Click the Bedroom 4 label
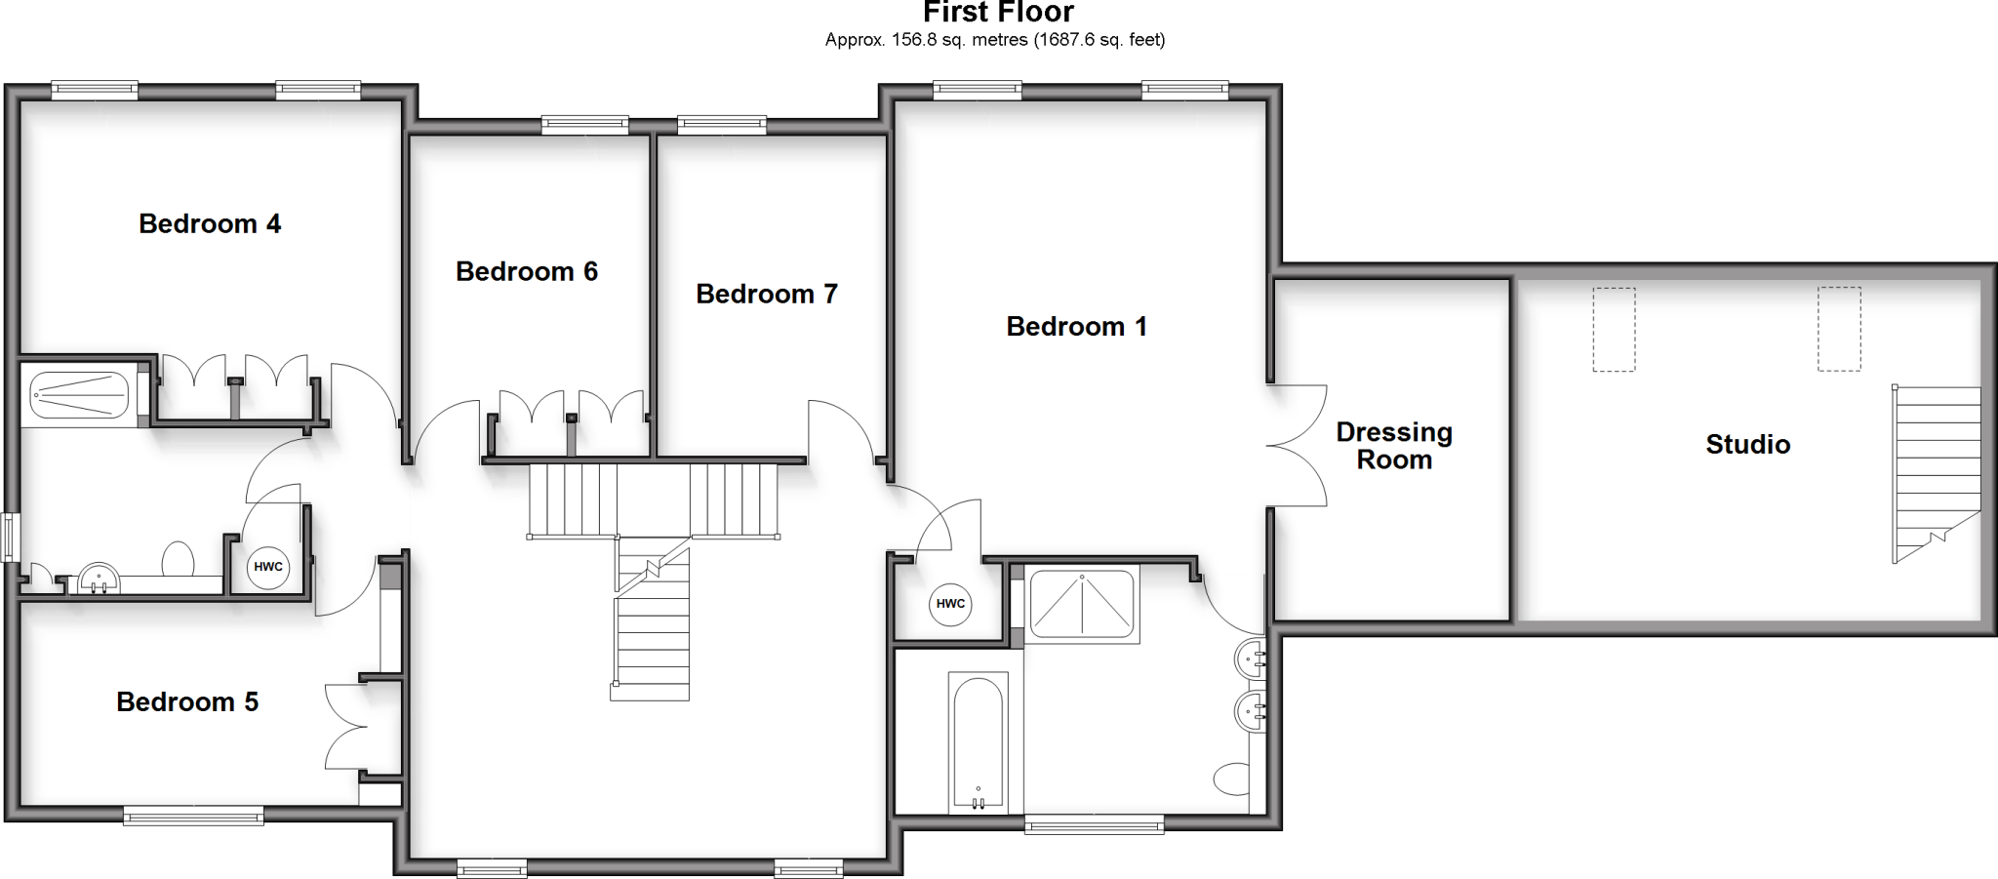tap(210, 224)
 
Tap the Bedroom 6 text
tap(527, 271)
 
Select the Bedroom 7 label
tap(767, 294)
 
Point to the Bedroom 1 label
tap(1076, 326)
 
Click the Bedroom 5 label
tap(187, 702)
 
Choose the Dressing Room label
tap(1394, 446)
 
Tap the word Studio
tap(1747, 445)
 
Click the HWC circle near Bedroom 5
tap(268, 567)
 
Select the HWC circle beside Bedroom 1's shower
tap(950, 604)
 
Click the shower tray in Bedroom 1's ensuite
tap(1082, 606)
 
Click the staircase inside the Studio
tap(1937, 473)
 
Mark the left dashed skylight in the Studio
tap(1614, 329)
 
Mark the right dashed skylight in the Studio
tap(1838, 329)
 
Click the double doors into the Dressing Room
tap(1298, 446)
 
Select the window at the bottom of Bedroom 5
tap(193, 816)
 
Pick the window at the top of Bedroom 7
tap(722, 124)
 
